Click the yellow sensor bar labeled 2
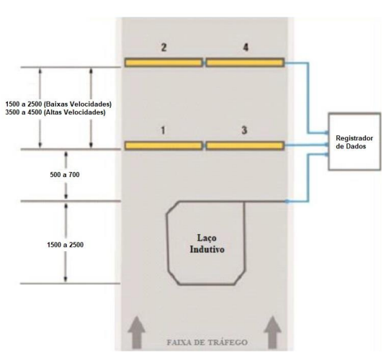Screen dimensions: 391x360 pyautogui.click(x=163, y=63)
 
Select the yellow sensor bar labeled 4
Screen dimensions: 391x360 pyautogui.click(x=245, y=63)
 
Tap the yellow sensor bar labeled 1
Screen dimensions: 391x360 pyautogui.click(x=163, y=145)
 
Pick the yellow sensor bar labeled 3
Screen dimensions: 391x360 pyautogui.click(x=245, y=145)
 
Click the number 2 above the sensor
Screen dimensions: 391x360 pyautogui.click(x=163, y=47)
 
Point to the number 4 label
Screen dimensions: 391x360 pyautogui.click(x=246, y=47)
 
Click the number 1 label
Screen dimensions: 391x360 pyautogui.click(x=163, y=130)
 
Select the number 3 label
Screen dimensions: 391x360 pyautogui.click(x=244, y=130)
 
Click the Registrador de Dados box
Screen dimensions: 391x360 pyautogui.click(x=354, y=141)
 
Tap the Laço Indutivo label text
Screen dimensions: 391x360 pyautogui.click(x=207, y=243)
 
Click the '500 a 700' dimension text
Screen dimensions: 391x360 pyautogui.click(x=65, y=175)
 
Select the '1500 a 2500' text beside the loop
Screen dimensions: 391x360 pyautogui.click(x=66, y=245)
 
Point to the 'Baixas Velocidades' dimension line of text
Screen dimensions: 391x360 pyautogui.click(x=58, y=104)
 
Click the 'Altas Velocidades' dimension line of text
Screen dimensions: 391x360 pyautogui.click(x=55, y=112)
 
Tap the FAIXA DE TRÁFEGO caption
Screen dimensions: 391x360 pyautogui.click(x=207, y=342)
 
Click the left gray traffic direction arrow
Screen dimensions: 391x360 pyautogui.click(x=136, y=333)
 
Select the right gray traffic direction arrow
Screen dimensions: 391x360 pyautogui.click(x=273, y=333)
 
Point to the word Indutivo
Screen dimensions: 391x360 pyautogui.click(x=207, y=249)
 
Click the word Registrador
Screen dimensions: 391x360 pyautogui.click(x=354, y=138)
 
